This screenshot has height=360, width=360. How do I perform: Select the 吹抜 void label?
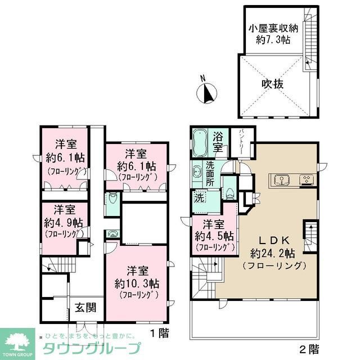272,84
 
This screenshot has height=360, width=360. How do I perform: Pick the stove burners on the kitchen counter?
306,180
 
